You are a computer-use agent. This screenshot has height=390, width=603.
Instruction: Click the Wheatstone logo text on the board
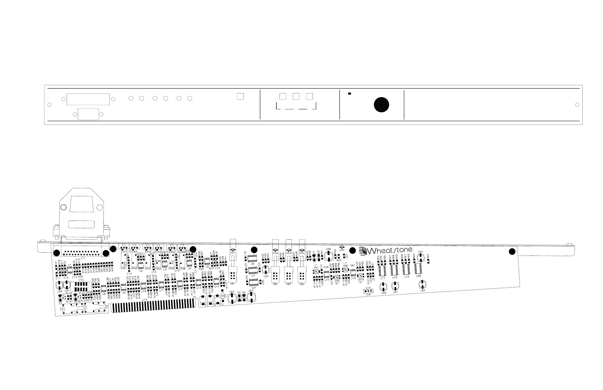[x=390, y=251]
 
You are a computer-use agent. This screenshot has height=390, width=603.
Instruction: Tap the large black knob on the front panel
[x=381, y=105]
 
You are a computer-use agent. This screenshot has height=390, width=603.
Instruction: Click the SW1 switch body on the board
[x=233, y=274]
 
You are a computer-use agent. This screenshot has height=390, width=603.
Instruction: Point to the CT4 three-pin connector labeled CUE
[x=368, y=291]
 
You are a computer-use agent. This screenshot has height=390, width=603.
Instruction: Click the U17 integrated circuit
[x=382, y=271]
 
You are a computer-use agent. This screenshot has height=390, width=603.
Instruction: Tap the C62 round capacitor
[x=422, y=284]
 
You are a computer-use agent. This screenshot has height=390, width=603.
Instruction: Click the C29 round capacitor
[x=328, y=256]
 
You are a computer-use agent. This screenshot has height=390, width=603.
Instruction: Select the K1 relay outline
[x=73, y=309]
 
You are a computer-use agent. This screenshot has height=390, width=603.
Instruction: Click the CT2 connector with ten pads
[x=81, y=286]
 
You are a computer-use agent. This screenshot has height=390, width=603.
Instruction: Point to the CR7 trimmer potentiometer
[x=316, y=272]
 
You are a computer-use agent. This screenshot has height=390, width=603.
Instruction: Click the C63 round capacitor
[x=232, y=299]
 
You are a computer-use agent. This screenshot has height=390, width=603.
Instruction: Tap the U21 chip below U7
[x=254, y=282]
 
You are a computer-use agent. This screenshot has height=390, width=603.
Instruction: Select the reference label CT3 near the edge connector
[x=145, y=300]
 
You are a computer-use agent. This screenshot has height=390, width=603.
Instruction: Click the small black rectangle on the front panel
[x=349, y=94]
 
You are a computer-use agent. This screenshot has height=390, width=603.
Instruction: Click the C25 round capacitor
[x=266, y=269]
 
